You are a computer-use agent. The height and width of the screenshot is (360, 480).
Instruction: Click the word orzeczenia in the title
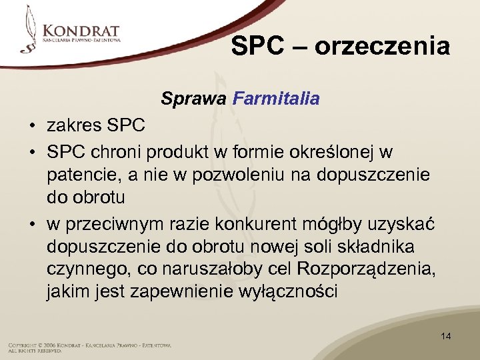[x=382, y=47]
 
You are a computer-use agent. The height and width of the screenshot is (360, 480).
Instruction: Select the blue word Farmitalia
[x=276, y=99]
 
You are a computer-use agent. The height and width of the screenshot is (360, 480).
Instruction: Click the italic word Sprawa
[x=193, y=99]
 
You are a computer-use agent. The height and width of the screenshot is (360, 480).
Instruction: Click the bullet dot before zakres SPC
[x=32, y=125]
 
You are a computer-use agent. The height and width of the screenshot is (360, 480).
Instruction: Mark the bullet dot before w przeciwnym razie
[x=32, y=225]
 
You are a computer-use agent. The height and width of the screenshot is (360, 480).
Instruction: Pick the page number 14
[x=445, y=336]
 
